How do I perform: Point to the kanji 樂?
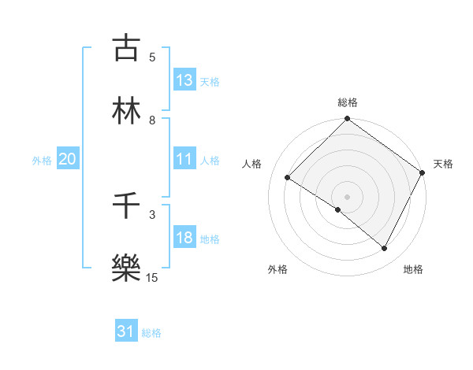126,268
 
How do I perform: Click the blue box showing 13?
184,80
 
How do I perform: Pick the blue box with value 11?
184,160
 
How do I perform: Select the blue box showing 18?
184,239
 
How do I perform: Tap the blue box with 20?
67,160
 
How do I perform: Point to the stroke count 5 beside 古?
152,57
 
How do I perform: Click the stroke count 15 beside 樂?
152,277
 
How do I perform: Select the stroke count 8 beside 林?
152,120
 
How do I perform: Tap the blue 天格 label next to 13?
210,81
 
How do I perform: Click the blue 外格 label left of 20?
42,161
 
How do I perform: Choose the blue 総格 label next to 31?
151,333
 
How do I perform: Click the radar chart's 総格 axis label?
348,102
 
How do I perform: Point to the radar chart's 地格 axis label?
413,269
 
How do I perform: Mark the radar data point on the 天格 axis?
422,172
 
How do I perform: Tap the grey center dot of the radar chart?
348,196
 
